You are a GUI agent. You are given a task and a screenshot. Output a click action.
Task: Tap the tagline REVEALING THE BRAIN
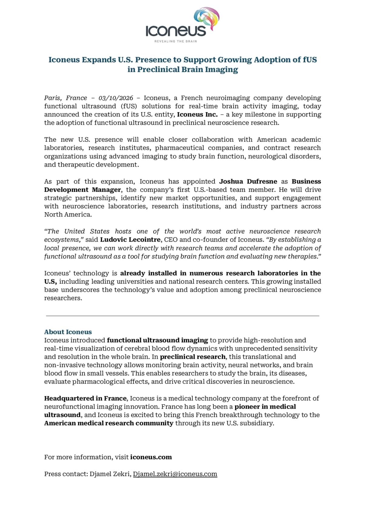(x=176, y=41)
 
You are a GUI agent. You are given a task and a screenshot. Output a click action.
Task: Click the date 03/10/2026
(x=116, y=98)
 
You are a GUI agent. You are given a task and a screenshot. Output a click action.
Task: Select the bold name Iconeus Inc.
(x=197, y=115)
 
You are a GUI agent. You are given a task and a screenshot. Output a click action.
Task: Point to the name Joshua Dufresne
(x=248, y=181)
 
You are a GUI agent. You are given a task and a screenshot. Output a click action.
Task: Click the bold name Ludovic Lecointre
(x=130, y=240)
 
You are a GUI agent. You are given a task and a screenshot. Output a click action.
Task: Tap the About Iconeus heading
(x=68, y=332)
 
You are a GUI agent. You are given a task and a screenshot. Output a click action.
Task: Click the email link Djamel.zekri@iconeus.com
(x=175, y=474)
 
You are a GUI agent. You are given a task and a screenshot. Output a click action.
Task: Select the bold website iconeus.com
(x=151, y=457)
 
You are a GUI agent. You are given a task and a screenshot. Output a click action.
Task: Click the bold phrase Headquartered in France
(x=85, y=398)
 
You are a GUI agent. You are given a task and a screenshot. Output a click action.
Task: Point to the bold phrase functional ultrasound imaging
(x=157, y=340)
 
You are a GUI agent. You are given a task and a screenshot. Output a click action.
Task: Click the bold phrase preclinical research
(x=193, y=357)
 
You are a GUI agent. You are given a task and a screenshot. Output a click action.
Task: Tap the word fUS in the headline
(x=310, y=60)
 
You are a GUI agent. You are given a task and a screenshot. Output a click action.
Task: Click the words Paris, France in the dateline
(x=66, y=98)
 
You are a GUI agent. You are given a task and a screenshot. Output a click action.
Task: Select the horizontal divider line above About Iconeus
(x=182, y=316)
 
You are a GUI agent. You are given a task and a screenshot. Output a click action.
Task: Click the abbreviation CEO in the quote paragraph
(x=171, y=240)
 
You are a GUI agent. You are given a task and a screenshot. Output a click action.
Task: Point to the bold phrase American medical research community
(x=109, y=423)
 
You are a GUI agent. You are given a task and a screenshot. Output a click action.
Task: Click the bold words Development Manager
(x=82, y=190)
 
